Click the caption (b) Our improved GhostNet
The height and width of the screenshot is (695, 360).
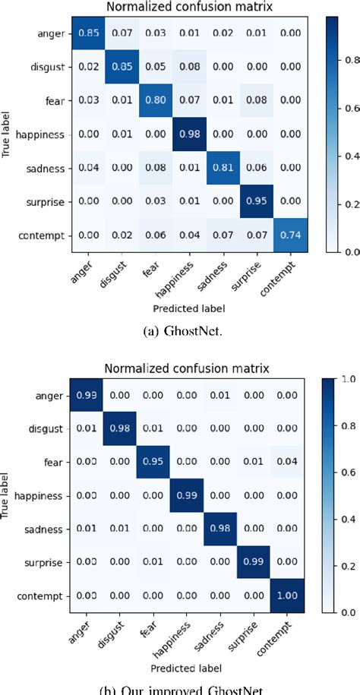click(x=181, y=690)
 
